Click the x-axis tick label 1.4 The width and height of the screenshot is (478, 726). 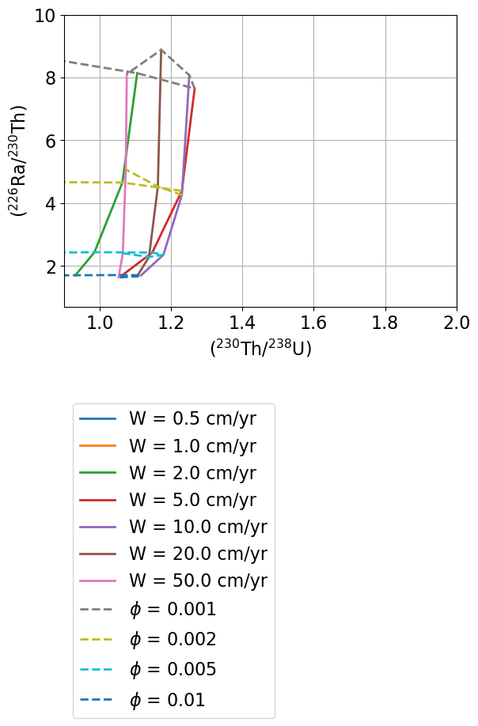[242, 323]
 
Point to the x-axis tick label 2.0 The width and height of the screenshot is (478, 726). [457, 323]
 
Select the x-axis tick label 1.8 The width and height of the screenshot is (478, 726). [385, 323]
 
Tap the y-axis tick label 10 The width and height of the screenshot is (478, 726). [45, 16]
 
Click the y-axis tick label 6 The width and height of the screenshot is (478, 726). [50, 141]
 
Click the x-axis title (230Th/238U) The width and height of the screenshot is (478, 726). [260, 348]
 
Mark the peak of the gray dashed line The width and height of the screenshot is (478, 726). [161, 49]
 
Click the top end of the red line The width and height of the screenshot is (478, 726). [195, 88]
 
